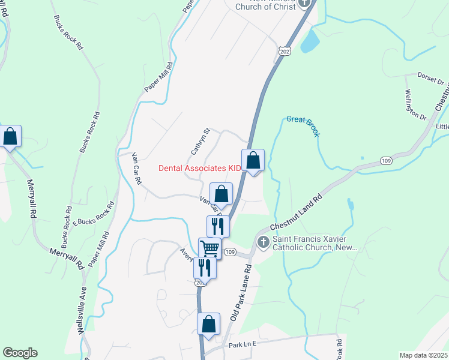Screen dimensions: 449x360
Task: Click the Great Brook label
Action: pyautogui.click(x=303, y=124)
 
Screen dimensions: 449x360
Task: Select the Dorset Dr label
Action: pyautogui.click(x=430, y=79)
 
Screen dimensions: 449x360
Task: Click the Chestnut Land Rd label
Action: pyautogui.click(x=296, y=213)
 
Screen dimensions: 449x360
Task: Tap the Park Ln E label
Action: pyautogui.click(x=242, y=344)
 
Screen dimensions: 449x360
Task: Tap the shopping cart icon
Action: pyautogui.click(x=209, y=247)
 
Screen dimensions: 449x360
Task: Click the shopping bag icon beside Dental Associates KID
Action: pyautogui.click(x=253, y=160)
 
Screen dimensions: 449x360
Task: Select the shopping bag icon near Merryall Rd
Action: pyautogui.click(x=10, y=136)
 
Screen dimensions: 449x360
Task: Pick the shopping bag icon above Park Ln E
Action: pyautogui.click(x=208, y=324)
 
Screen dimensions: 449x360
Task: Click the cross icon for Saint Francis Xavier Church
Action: pyautogui.click(x=262, y=242)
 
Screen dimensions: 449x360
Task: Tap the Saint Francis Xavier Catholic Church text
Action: pyautogui.click(x=315, y=243)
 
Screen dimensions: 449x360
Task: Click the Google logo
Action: pyautogui.click(x=20, y=353)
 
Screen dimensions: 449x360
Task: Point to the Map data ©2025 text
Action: pyautogui.click(x=423, y=355)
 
